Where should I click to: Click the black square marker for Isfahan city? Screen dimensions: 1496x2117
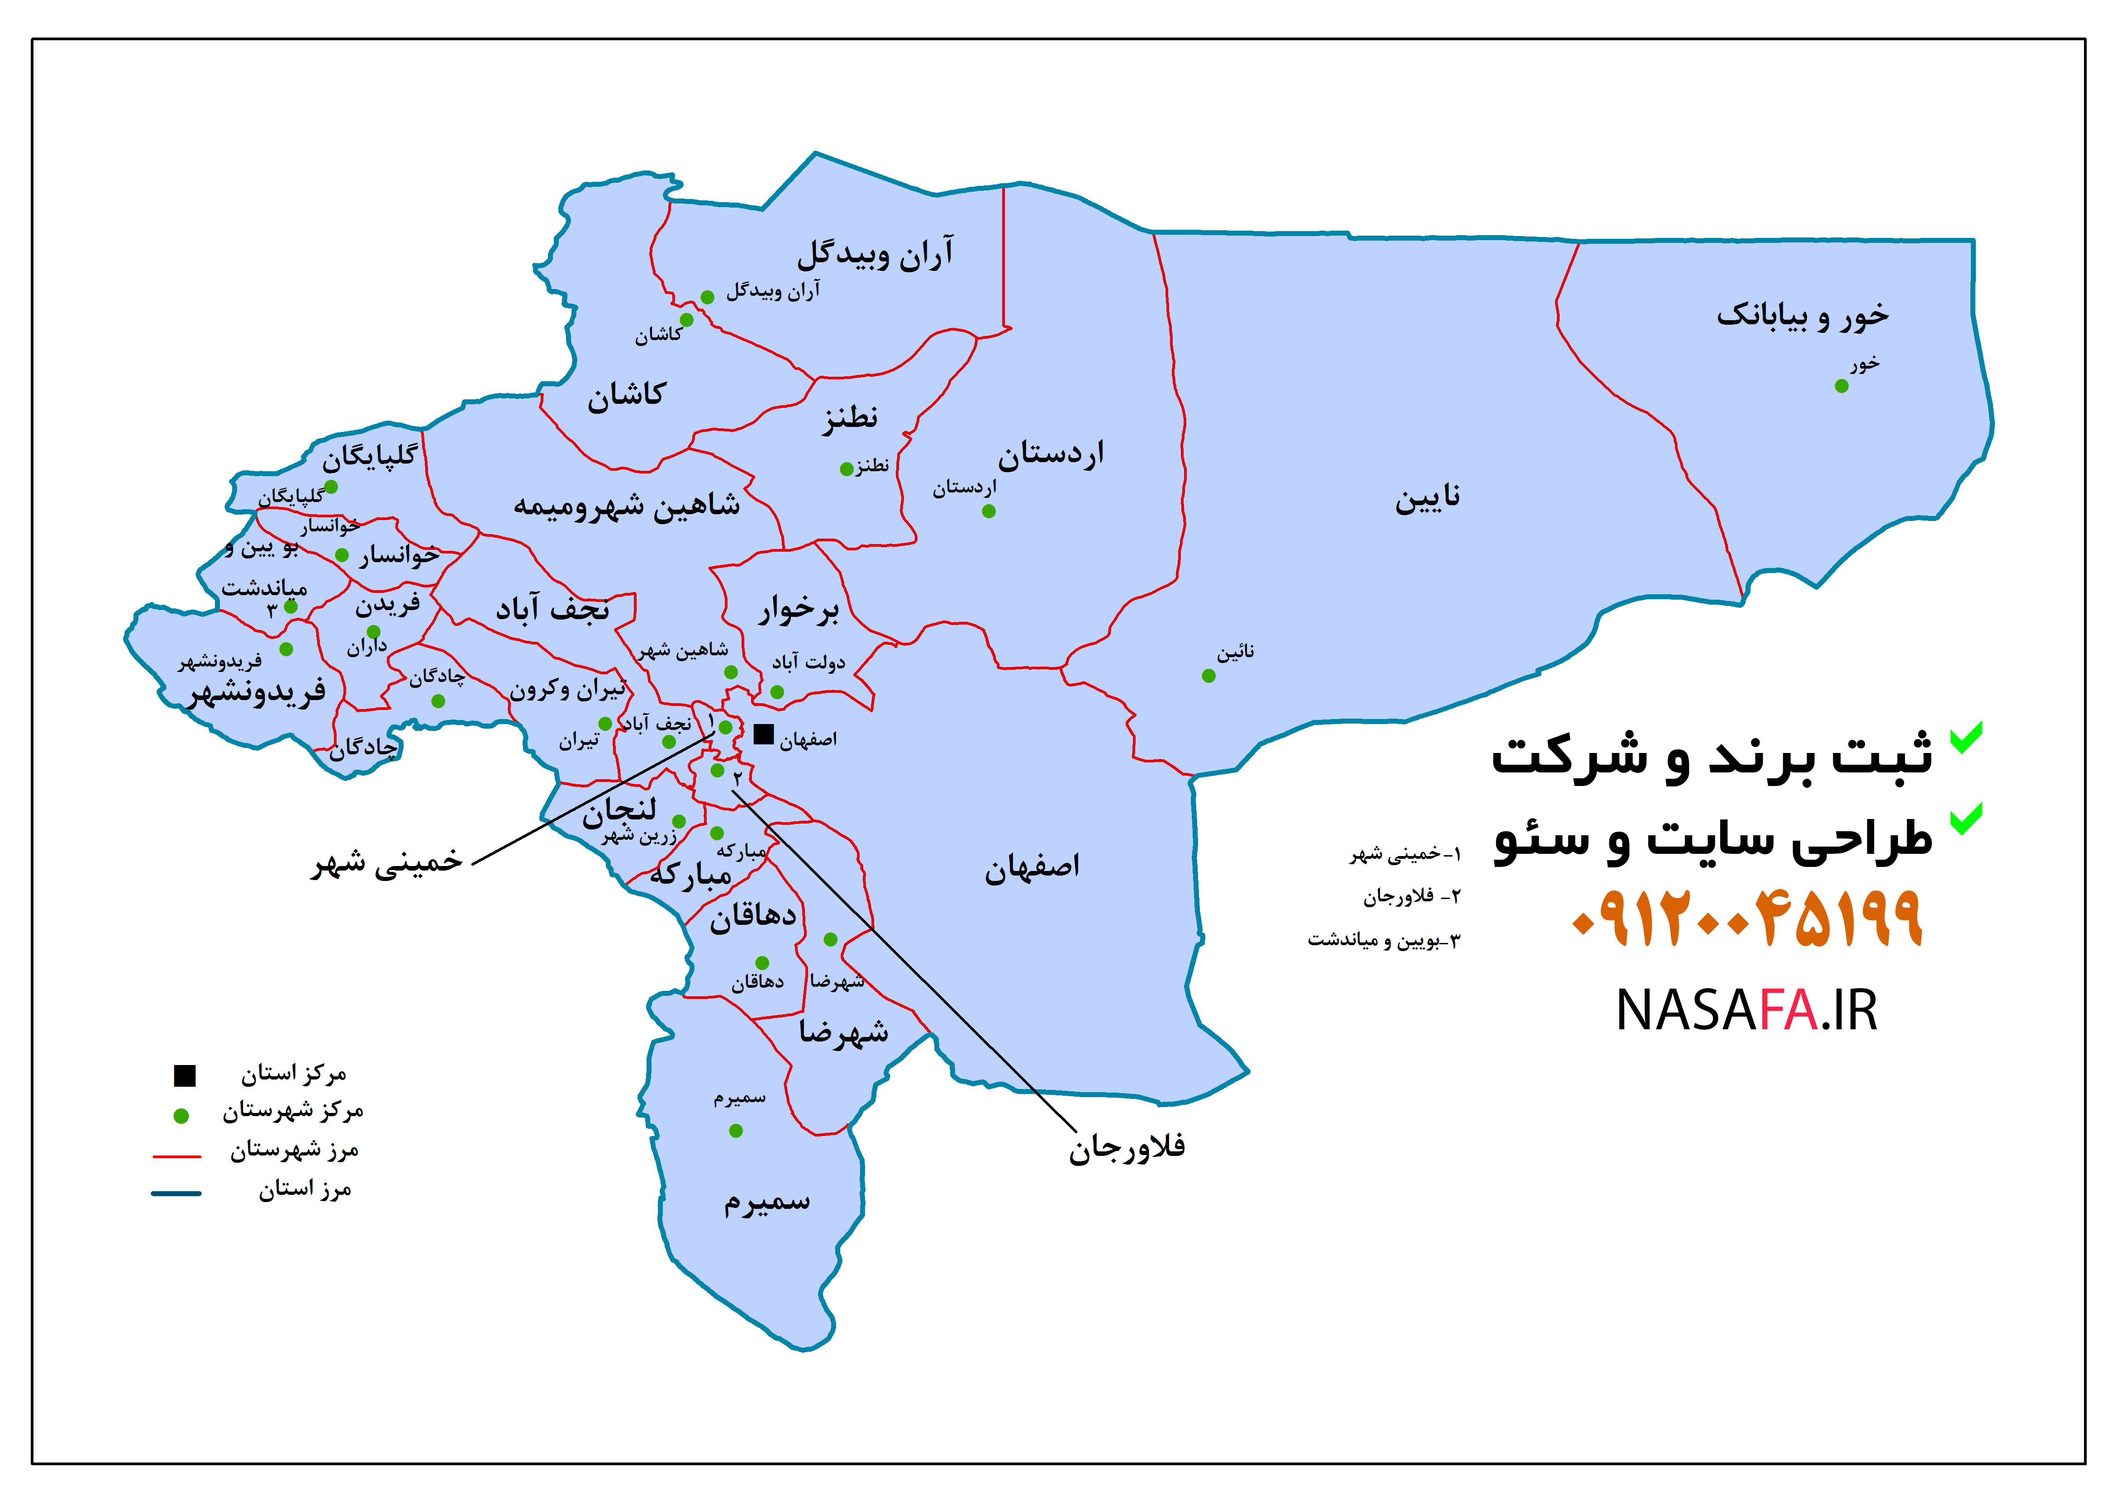[763, 734]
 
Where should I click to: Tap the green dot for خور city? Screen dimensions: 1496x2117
[1841, 386]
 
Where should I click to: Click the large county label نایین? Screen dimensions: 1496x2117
[1427, 499]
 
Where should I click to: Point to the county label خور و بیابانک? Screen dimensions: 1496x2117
[1803, 315]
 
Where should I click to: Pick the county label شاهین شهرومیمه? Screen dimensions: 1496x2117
[627, 505]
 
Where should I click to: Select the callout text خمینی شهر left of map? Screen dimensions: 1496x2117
[387, 862]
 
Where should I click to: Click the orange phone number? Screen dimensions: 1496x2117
[1747, 918]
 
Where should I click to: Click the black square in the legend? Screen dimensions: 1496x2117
[185, 1075]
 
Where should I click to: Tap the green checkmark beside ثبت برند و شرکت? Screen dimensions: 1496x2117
[1966, 738]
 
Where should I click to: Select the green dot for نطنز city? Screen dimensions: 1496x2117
[847, 469]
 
